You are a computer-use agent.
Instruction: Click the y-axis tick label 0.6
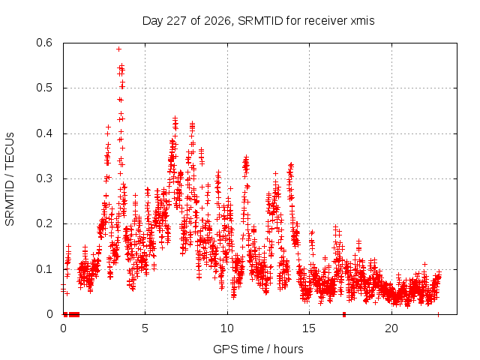point(44,43)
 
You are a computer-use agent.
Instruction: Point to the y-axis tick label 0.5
point(44,88)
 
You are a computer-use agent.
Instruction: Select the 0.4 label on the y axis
point(44,133)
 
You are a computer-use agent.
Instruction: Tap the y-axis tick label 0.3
point(44,178)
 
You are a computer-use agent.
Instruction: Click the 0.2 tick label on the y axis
point(44,223)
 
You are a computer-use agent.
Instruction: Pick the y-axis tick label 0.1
point(44,269)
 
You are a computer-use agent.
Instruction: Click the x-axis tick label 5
point(145,328)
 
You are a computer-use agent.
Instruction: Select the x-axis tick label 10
point(227,328)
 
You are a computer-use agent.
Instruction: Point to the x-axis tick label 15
point(309,328)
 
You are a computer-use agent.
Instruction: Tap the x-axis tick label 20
point(391,328)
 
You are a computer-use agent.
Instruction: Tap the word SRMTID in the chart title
point(260,21)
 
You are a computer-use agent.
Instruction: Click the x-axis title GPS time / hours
point(258,349)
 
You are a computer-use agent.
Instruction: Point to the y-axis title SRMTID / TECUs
point(10,179)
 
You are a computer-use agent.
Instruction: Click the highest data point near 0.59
point(118,49)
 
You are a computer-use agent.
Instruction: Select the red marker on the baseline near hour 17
point(344,314)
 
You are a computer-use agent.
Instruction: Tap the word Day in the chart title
point(153,21)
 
